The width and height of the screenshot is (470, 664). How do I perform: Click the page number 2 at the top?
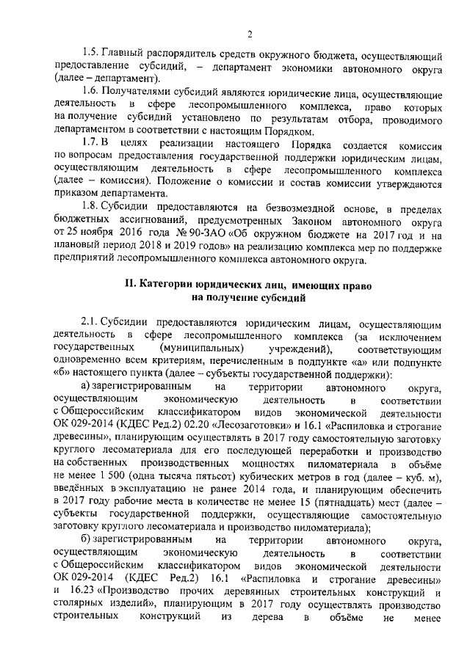(x=250, y=34)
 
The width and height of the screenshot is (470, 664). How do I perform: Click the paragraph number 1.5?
(x=90, y=55)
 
